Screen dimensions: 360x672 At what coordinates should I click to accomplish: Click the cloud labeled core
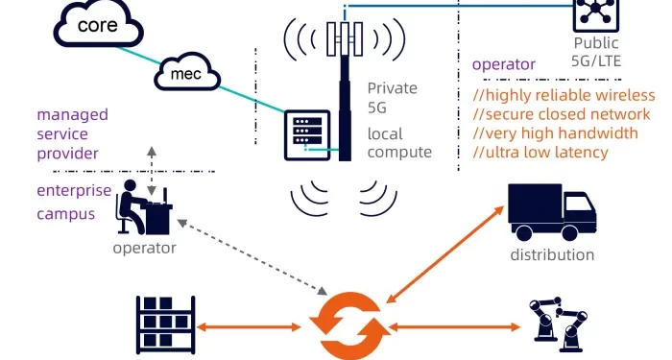click(x=97, y=25)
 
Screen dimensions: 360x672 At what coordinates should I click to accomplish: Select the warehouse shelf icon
click(x=166, y=324)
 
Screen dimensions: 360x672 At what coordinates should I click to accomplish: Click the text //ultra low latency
click(x=540, y=153)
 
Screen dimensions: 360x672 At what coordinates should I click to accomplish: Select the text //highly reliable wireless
click(x=564, y=95)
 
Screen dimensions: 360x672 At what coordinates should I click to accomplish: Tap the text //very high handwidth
click(x=555, y=133)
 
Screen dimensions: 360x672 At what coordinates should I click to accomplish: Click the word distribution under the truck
click(x=552, y=255)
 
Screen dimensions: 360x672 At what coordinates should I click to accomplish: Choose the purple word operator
click(x=504, y=64)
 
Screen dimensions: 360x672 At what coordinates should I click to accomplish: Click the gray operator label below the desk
click(x=144, y=248)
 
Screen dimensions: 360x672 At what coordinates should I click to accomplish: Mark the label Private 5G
click(x=393, y=97)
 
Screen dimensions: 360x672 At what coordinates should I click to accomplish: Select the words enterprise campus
click(x=74, y=201)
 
